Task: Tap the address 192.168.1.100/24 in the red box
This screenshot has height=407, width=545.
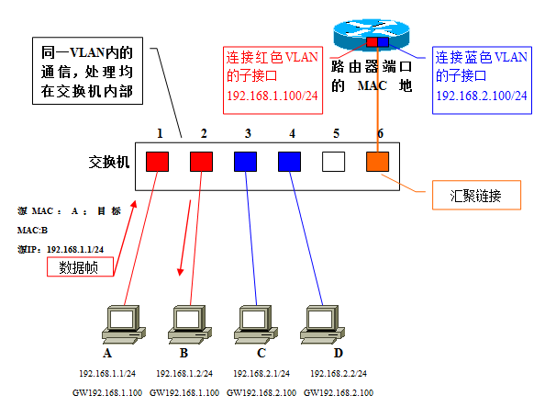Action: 272,96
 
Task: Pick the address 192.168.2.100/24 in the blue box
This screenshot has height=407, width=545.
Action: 482,96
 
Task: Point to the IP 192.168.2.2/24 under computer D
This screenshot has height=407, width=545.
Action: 339,374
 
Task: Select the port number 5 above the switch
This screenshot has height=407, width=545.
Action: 336,133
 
